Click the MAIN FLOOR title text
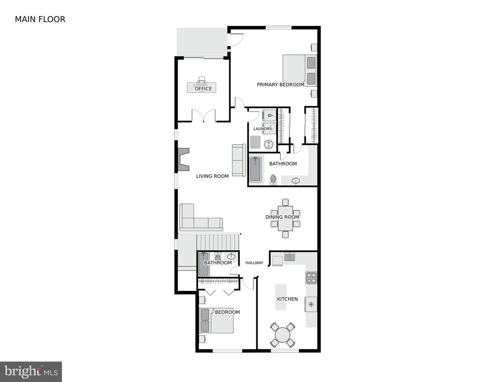pos(40,19)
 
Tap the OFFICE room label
pos(203,89)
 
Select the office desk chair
pos(201,80)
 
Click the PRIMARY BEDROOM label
pos(281,85)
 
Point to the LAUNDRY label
pos(262,128)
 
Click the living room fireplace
pos(183,159)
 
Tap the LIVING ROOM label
pos(212,176)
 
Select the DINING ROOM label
pos(282,217)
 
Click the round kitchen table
pos(283,335)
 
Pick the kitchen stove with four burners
pos(311,278)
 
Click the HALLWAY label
pos(254,263)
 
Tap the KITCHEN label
pos(287,299)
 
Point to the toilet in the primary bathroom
pos(273,180)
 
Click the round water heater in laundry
pos(269,144)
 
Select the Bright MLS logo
pos(31,372)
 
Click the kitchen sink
pos(290,257)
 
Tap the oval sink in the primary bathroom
pos(296,181)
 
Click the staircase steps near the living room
pos(218,242)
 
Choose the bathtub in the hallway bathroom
pos(203,264)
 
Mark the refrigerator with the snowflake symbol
pos(311,304)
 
